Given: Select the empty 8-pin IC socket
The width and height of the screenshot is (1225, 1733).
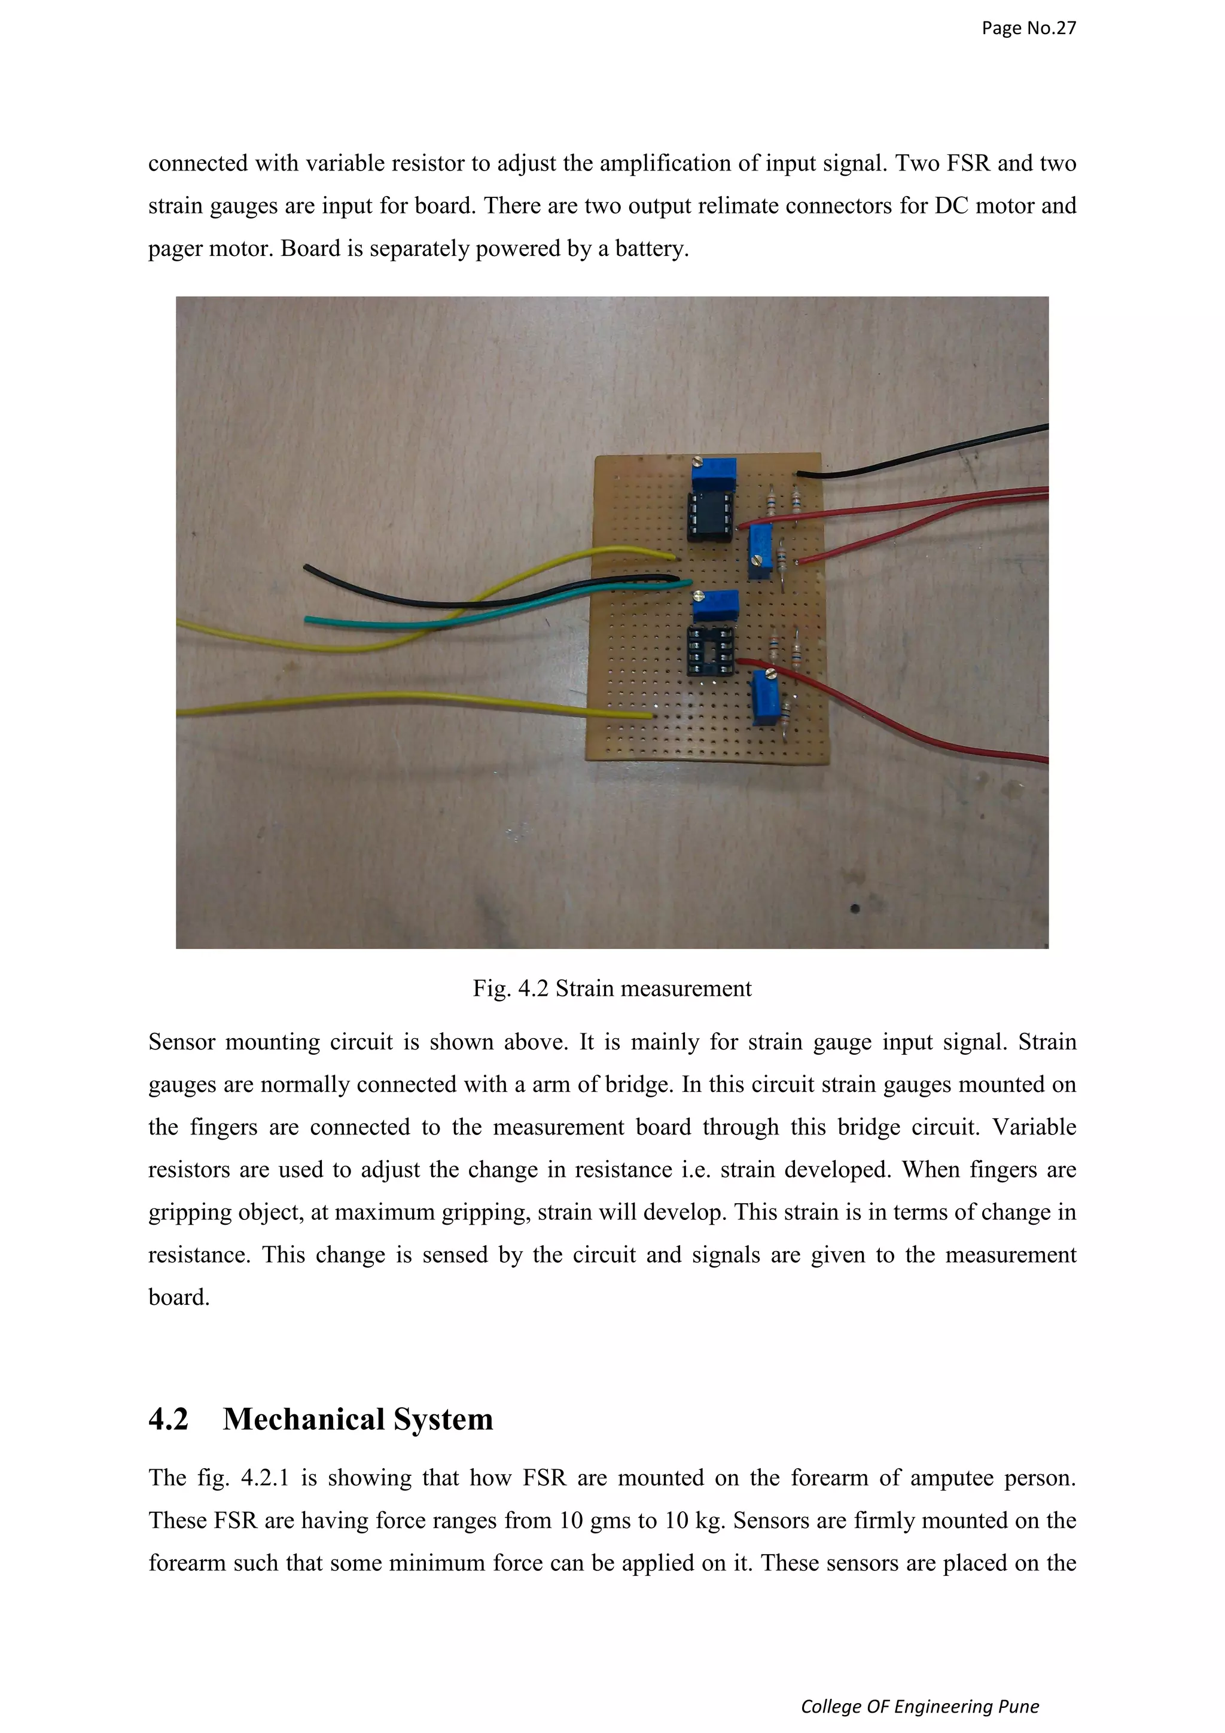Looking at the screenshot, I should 710,651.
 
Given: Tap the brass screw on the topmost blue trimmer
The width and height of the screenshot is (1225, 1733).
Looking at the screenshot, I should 697,462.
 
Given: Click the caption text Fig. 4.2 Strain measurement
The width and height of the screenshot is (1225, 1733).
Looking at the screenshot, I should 611,988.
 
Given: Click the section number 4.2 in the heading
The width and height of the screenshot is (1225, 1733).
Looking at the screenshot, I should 168,1420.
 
